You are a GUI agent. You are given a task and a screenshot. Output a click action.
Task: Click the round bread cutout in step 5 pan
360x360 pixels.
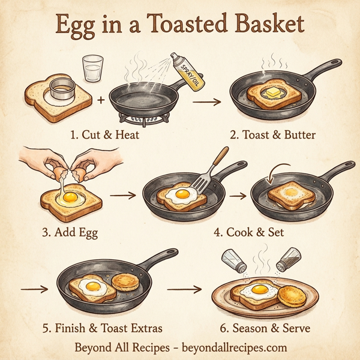pos(125,281)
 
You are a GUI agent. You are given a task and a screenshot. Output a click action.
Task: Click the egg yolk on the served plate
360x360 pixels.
pos(259,290)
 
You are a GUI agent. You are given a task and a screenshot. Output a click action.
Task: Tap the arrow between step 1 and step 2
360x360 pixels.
pos(206,102)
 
